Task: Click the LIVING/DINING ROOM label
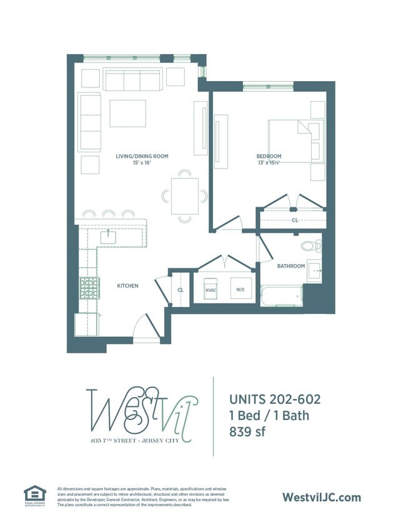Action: coord(142,156)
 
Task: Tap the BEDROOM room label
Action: coord(269,156)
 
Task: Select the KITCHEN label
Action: coord(127,286)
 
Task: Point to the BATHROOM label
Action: coord(291,266)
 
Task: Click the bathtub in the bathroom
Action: coord(281,296)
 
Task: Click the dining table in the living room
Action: coord(185,196)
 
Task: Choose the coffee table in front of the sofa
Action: coord(127,113)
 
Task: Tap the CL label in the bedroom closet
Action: coord(294,220)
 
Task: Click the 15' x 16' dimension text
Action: coord(142,164)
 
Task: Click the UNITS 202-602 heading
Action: coord(275,399)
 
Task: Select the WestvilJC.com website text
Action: coord(322,497)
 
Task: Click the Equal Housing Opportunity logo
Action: coord(35,495)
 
